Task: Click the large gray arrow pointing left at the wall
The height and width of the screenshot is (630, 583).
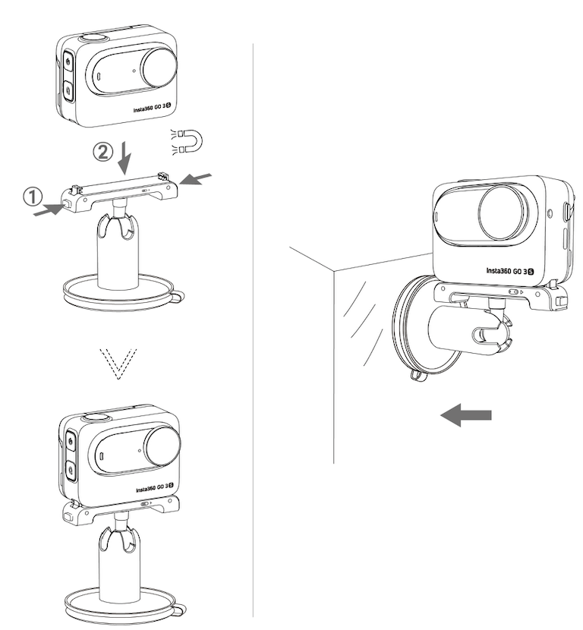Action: point(467,414)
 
